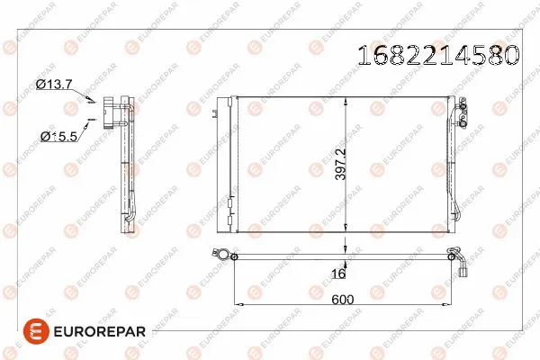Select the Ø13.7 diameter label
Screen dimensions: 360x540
(x=53, y=84)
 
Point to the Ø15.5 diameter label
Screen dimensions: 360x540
(x=59, y=137)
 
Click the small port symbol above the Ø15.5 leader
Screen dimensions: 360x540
(x=91, y=117)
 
